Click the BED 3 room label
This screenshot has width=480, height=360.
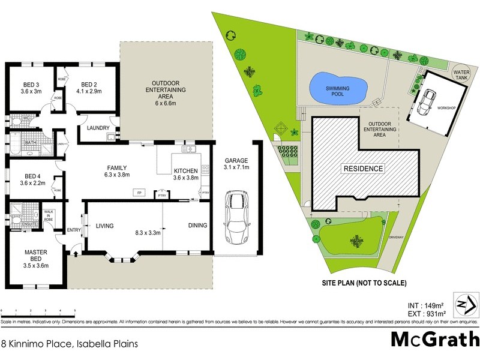point(31,84)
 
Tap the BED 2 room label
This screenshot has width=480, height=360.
point(89,84)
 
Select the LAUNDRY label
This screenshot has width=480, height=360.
point(97,128)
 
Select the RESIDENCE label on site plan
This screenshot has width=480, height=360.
point(363,169)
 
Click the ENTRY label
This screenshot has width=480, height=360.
point(74,229)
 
